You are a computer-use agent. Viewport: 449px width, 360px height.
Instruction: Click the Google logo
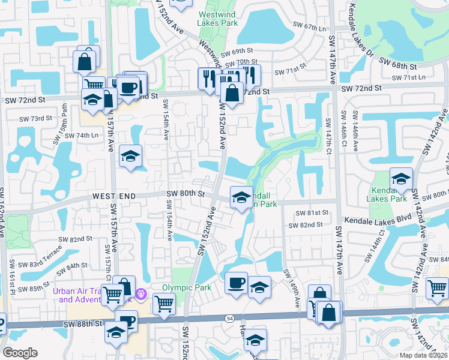20,352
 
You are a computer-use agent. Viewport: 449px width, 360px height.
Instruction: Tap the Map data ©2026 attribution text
423,355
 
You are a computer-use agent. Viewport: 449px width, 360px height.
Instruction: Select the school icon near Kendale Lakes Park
401,178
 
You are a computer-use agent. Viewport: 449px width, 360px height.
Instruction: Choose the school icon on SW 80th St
241,197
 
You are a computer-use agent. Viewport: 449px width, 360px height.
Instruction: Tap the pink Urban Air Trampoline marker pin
141,295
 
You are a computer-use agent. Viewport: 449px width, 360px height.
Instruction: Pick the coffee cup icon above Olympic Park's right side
236,283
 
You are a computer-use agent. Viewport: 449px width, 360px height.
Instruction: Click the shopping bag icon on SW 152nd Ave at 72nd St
232,93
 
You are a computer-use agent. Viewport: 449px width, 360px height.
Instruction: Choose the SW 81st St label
317,212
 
